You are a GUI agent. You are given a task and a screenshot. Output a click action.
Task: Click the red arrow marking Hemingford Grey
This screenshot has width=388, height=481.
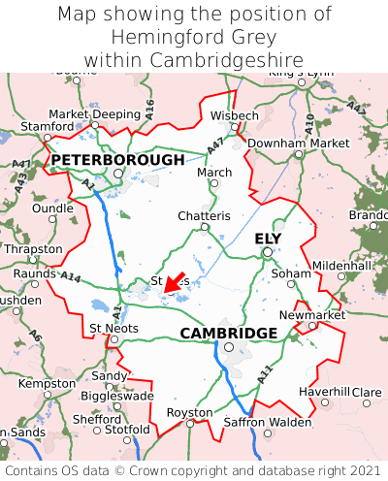tap(175, 281)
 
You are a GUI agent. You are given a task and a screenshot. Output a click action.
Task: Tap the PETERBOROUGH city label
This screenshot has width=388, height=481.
tap(117, 160)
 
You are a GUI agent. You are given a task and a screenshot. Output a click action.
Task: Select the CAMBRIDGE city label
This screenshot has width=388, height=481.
tap(229, 334)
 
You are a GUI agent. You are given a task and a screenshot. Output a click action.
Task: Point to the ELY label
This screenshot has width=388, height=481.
tap(268, 239)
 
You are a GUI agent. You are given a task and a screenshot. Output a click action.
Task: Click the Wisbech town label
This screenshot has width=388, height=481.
tap(235, 115)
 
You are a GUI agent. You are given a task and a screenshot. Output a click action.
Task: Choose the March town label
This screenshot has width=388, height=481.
tap(214, 172)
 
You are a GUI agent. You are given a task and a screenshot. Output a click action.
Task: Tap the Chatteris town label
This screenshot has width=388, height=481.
tap(204, 215)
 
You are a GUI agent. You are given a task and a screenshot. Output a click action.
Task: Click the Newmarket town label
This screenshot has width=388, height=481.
tap(311, 316)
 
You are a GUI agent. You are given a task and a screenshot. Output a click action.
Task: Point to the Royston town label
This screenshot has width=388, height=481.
tap(189, 412)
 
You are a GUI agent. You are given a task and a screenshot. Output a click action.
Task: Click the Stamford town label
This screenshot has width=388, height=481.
tap(48, 127)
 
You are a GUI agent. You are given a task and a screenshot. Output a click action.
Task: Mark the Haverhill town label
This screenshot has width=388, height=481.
tap(324, 391)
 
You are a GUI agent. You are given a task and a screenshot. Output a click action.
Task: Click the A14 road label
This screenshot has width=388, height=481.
tap(71, 276)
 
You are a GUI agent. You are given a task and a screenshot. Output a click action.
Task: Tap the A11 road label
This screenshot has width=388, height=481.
tap(264, 370)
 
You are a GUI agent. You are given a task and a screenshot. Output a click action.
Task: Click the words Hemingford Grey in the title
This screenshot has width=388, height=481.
tap(194, 38)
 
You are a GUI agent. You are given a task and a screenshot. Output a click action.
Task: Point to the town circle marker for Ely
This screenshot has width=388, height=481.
tap(267, 253)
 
